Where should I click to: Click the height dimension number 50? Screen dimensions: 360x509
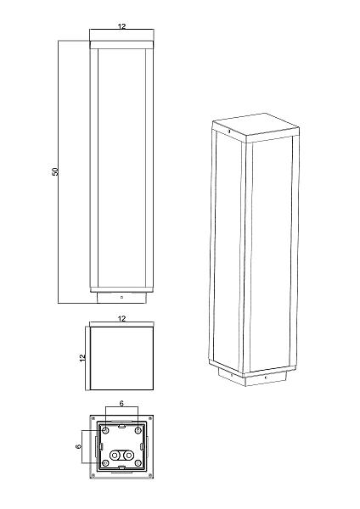[x=55, y=171]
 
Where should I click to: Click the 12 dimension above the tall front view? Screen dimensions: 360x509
[x=121, y=26]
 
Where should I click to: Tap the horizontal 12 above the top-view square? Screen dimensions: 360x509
[x=121, y=319]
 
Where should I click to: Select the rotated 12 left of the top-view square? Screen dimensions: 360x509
[x=82, y=357]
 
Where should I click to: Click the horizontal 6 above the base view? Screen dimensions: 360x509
[x=121, y=404]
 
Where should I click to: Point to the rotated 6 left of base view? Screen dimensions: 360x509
[x=78, y=447]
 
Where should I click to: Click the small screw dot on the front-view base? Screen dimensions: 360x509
[x=121, y=297]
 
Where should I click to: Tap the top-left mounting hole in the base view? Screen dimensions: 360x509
[x=105, y=430]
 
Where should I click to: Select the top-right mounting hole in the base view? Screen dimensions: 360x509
[x=138, y=430]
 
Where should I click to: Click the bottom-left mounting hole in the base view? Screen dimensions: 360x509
[x=105, y=463]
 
